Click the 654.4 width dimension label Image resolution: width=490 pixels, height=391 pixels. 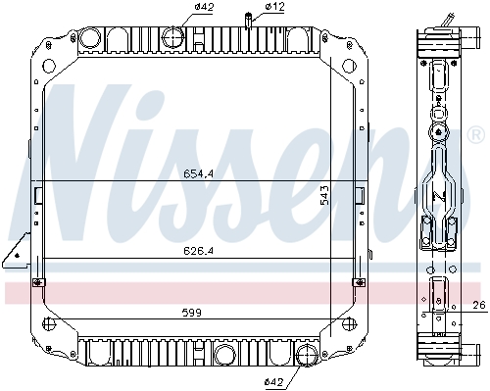tap(198, 173)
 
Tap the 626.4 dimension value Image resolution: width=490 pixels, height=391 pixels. tap(198, 251)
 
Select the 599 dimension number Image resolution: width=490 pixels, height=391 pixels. tap(192, 313)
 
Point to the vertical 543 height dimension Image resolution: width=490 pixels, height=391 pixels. tap(324, 195)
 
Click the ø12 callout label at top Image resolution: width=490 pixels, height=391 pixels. tap(274, 7)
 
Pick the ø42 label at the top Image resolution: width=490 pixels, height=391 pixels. tap(204, 7)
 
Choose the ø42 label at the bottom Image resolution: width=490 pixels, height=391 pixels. tap(273, 381)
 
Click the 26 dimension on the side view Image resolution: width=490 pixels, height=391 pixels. tap(479, 305)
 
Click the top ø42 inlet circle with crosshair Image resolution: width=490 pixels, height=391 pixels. tap(172, 37)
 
